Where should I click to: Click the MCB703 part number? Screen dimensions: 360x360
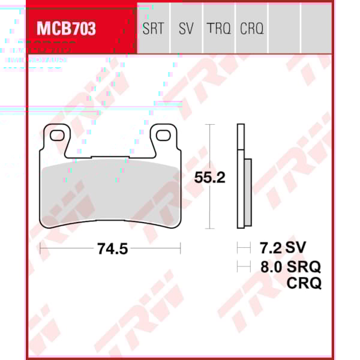(x=67, y=28)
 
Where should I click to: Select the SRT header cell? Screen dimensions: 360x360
(x=153, y=28)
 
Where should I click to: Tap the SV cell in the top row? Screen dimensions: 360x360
(x=186, y=28)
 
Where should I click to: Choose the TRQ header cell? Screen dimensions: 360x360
(x=219, y=28)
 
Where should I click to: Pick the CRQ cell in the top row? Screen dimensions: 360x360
(x=251, y=28)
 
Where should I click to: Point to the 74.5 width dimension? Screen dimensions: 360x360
(x=112, y=248)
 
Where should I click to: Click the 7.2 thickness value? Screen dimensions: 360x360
(x=268, y=247)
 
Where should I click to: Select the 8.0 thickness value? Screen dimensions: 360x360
(x=268, y=266)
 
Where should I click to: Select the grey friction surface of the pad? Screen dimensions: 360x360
(x=110, y=192)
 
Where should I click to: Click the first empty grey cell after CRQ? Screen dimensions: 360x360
(x=284, y=28)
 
